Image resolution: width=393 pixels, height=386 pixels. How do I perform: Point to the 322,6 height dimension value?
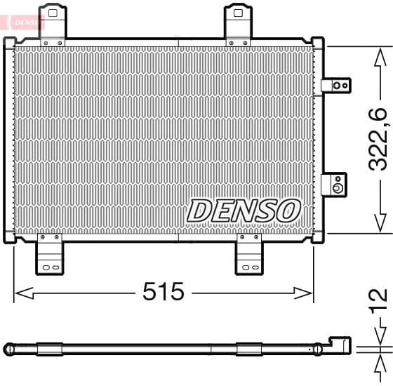[x=378, y=139]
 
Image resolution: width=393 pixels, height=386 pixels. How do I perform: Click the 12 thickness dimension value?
[x=378, y=300]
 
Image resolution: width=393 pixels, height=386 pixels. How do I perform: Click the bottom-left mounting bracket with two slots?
[x=49, y=254]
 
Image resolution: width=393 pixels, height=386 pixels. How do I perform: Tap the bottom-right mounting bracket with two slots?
[x=249, y=254]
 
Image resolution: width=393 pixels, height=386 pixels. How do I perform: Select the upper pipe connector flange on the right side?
[x=336, y=86]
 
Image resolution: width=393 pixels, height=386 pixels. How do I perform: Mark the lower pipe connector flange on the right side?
[x=335, y=185]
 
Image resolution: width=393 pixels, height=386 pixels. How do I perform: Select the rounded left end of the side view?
[x=9, y=348]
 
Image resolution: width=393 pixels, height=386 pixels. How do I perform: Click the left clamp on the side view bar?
[x=49, y=348]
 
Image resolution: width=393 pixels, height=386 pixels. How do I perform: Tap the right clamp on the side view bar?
[x=249, y=348]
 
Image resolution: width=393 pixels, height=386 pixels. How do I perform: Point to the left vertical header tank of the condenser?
[x=9, y=140]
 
